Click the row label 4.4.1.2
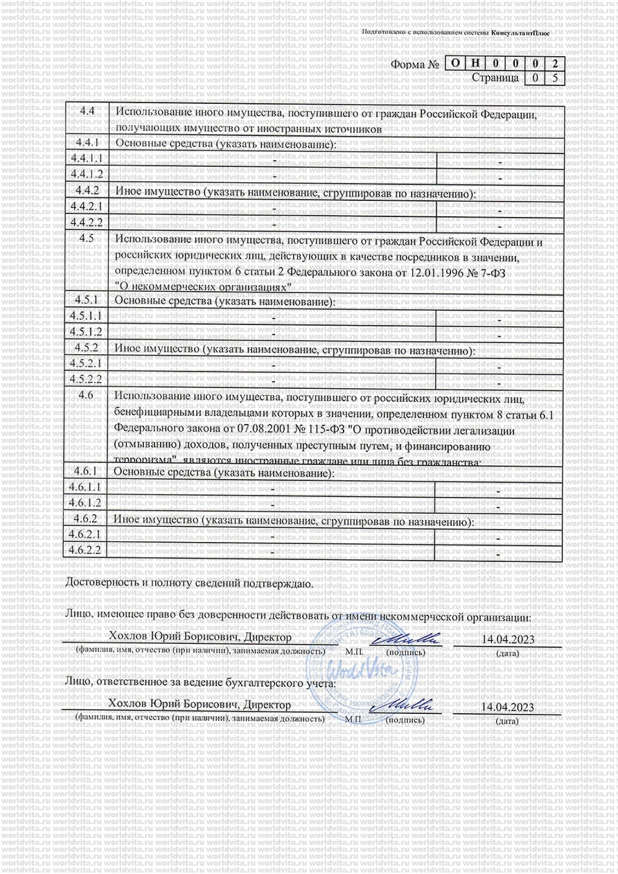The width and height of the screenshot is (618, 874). pos(87,173)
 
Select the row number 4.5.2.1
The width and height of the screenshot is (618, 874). pos(87,363)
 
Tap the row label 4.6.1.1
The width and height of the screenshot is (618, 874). pos(87,487)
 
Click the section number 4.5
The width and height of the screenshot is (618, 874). pos(87,238)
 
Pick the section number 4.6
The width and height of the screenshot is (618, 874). pos(87,394)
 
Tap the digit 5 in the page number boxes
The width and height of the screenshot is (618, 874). pos(554,78)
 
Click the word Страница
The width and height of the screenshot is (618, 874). pos(495,78)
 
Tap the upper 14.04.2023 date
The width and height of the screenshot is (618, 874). pos(507,638)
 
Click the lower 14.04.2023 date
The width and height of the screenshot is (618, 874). pos(507,707)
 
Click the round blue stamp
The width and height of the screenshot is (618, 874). pos(362,672)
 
